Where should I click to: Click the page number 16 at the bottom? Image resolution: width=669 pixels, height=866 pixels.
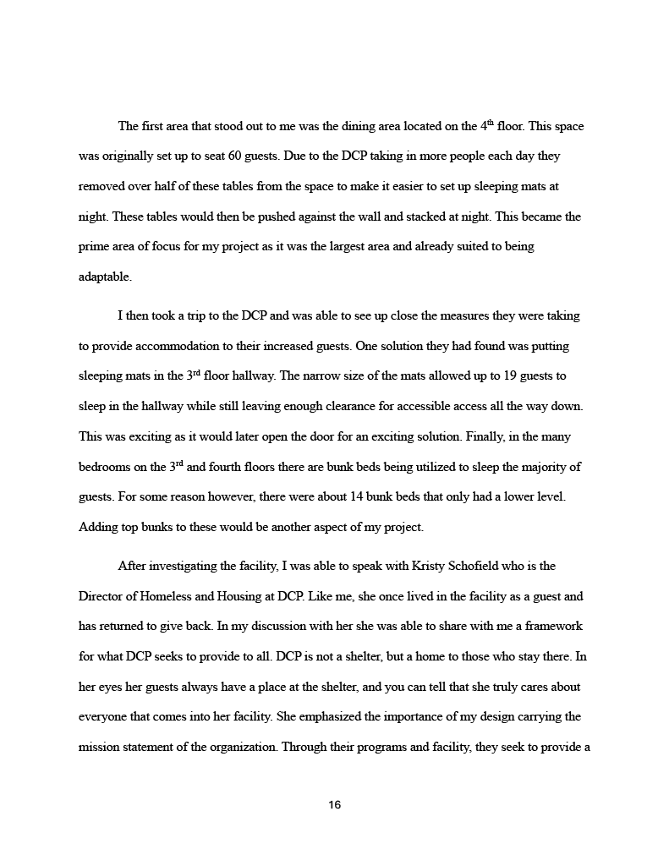(x=334, y=805)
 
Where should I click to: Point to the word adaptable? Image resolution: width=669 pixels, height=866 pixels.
(x=105, y=277)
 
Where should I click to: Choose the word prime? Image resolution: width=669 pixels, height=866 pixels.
(x=93, y=247)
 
